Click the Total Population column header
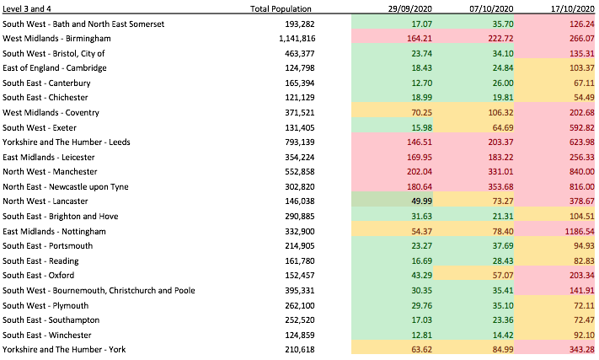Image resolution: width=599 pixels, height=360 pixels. click(281, 8)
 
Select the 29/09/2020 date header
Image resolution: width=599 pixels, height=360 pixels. click(410, 8)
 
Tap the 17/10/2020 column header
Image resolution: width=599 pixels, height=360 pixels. click(573, 8)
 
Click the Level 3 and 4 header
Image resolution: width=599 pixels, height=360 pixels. click(27, 8)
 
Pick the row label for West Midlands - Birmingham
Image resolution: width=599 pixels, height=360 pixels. click(56, 39)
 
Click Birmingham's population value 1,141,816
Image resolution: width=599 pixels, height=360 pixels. click(297, 39)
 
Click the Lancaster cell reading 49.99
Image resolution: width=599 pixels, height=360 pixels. click(421, 201)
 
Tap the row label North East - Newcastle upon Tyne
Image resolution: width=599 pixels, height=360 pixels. click(66, 187)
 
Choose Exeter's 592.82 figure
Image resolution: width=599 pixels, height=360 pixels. click(582, 127)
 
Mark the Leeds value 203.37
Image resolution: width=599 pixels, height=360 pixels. click(500, 142)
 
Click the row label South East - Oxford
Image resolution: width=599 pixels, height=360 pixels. click(38, 276)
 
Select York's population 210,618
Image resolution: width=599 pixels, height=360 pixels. click(300, 350)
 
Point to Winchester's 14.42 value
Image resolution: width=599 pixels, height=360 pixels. click(503, 336)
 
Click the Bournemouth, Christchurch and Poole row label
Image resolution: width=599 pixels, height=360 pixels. click(99, 291)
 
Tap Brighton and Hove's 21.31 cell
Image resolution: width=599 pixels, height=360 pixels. click(503, 217)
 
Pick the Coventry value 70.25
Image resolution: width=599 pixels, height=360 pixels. click(421, 113)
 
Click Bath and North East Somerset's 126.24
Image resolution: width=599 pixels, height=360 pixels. click(582, 24)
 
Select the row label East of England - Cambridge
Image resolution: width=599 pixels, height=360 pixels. click(55, 68)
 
